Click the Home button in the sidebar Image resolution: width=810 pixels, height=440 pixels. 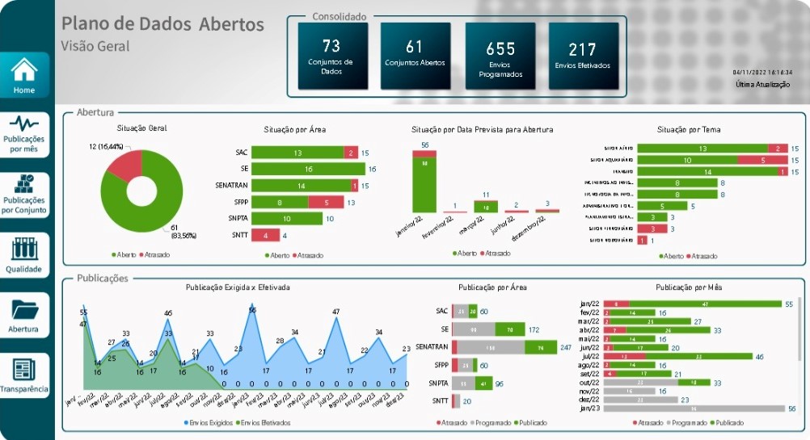24,75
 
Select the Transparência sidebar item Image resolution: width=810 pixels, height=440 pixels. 24,375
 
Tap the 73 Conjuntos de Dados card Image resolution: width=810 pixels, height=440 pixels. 332,55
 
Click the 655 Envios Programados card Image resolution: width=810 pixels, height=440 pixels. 500,55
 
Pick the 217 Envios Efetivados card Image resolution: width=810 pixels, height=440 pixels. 583,55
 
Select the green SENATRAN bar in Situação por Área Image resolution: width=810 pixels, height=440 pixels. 301,186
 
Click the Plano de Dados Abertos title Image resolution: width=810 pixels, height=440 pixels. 162,24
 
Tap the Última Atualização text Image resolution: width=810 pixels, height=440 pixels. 762,85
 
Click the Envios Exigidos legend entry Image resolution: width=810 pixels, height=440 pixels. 209,422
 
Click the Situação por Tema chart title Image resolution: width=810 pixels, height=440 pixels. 689,129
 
